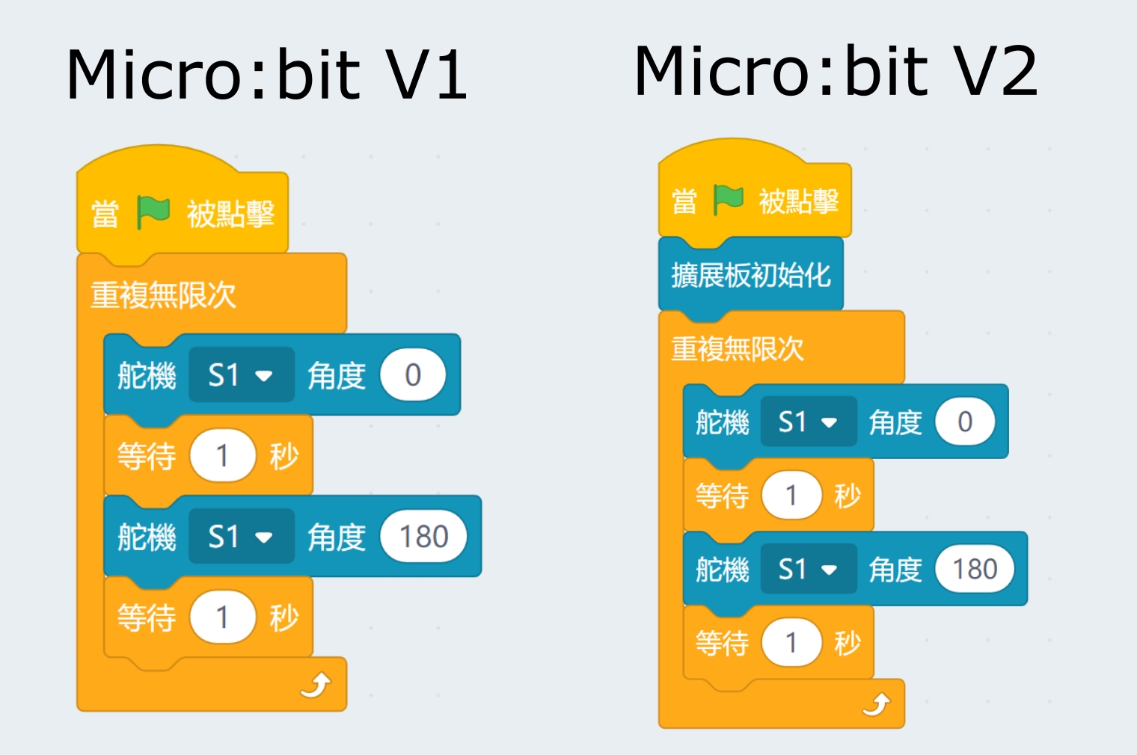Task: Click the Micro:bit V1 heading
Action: [266, 75]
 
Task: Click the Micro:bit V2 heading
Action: [836, 71]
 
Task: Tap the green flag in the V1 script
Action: [153, 213]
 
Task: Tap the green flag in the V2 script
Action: [728, 200]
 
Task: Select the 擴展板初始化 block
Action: [750, 275]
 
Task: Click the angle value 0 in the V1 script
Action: [413, 375]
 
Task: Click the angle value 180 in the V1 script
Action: [423, 537]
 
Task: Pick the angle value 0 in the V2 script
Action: [965, 422]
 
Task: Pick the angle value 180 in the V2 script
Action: [975, 570]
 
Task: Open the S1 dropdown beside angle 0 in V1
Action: [241, 375]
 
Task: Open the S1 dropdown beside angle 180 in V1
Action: [241, 537]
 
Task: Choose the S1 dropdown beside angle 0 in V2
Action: [809, 422]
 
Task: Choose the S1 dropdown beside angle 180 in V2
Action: [809, 570]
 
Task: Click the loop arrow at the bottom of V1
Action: [316, 685]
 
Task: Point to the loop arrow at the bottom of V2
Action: [876, 704]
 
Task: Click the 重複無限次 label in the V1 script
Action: [163, 295]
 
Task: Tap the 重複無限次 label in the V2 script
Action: [738, 349]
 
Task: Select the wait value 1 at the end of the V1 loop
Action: [222, 617]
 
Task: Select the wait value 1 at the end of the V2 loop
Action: [791, 643]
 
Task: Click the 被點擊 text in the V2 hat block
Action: [798, 201]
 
